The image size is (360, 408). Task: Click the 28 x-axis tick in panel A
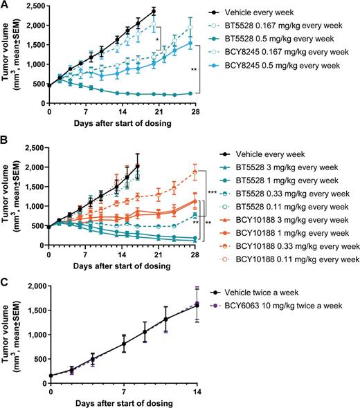coord(195,112)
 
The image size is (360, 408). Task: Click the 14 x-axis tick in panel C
coord(195,390)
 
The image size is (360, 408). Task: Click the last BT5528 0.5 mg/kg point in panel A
coord(190,93)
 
